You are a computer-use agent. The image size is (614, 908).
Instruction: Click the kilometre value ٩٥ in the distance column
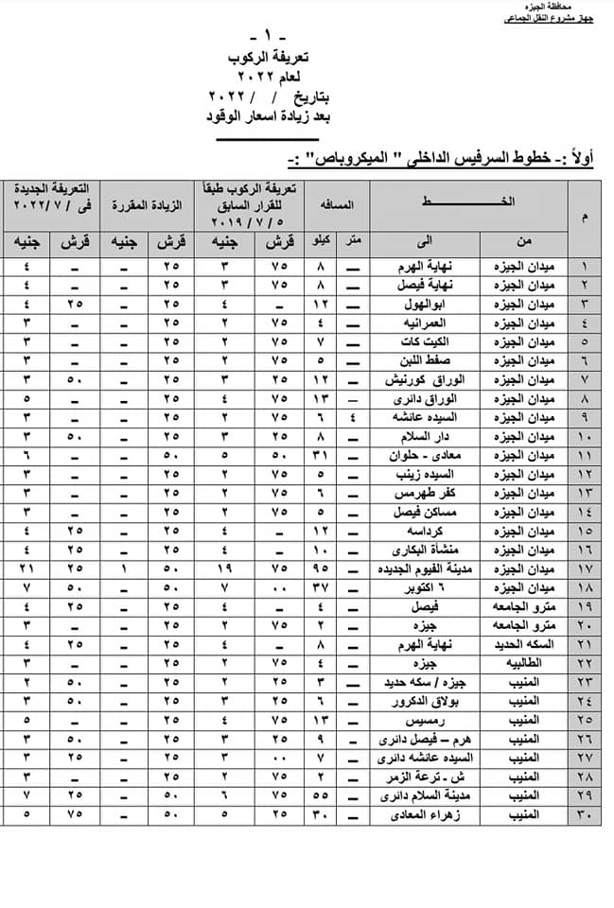coord(323,567)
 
